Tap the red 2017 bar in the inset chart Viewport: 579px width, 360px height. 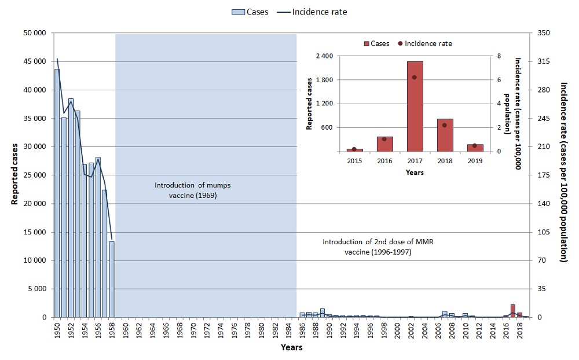click(x=415, y=106)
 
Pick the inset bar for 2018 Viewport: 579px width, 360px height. click(x=445, y=135)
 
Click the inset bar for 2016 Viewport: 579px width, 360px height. click(x=384, y=144)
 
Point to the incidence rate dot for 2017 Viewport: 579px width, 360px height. click(x=415, y=77)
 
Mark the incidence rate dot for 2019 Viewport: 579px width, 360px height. click(x=475, y=146)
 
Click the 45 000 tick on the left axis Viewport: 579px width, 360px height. click(x=34, y=61)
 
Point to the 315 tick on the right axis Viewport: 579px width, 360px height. click(x=544, y=61)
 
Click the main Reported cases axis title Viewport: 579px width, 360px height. click(x=14, y=174)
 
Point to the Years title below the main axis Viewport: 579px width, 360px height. click(x=291, y=347)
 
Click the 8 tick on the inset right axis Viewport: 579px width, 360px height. click(x=507, y=56)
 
